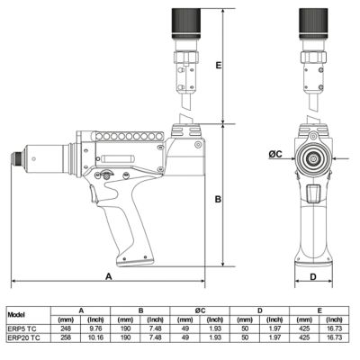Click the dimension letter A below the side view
(x=108, y=276)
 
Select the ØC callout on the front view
(x=278, y=155)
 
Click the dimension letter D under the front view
(x=312, y=276)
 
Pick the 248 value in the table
(x=65, y=329)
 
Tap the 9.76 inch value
(x=97, y=329)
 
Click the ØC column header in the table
(x=200, y=310)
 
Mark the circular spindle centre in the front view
(x=313, y=155)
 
